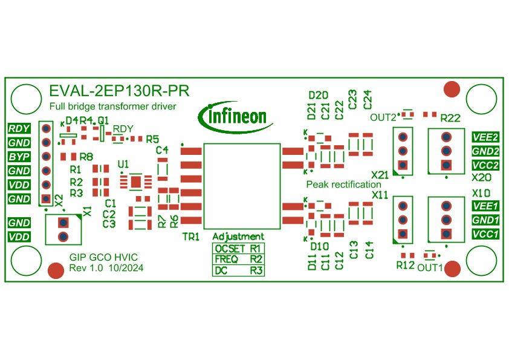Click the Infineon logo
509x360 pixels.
tap(236, 115)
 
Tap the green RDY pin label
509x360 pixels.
tap(19, 128)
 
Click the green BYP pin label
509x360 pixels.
tap(19, 157)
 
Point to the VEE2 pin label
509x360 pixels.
tap(485, 137)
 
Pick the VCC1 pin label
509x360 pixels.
tap(485, 234)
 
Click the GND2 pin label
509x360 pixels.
tap(485, 151)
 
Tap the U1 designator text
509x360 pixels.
tap(123, 164)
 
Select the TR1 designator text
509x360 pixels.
tap(190, 237)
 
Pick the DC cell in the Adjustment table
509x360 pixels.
tap(221, 271)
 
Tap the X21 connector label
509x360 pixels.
tap(380, 175)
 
